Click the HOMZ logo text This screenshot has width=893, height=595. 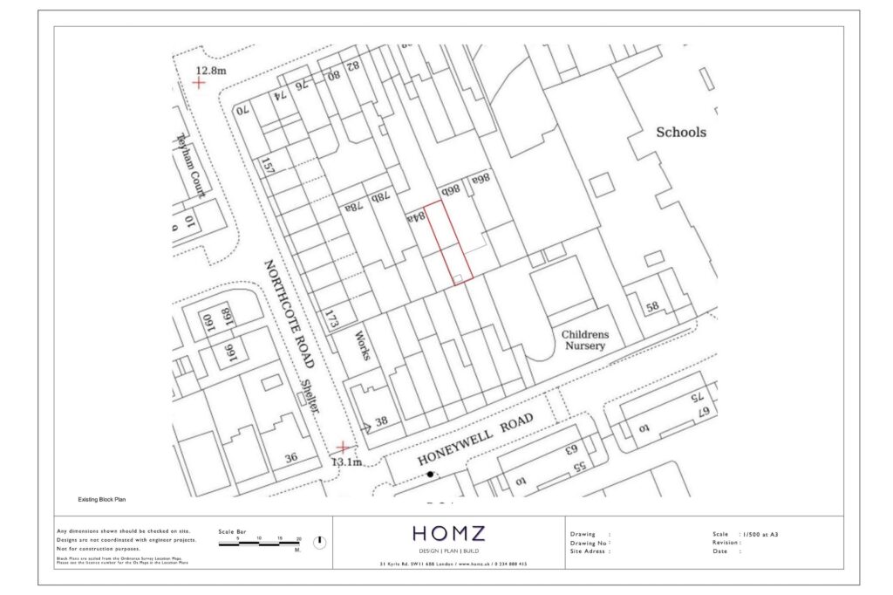(448, 533)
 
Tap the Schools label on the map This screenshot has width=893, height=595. (681, 133)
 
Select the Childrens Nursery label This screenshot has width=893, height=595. (584, 340)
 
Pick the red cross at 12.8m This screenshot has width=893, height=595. (200, 83)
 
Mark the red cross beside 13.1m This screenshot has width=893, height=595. (343, 448)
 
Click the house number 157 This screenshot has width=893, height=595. (268, 164)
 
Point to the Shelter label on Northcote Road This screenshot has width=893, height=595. (310, 397)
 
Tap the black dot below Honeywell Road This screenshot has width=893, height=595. (429, 475)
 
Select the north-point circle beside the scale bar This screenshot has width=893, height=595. (319, 542)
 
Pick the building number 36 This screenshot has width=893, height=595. (291, 457)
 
